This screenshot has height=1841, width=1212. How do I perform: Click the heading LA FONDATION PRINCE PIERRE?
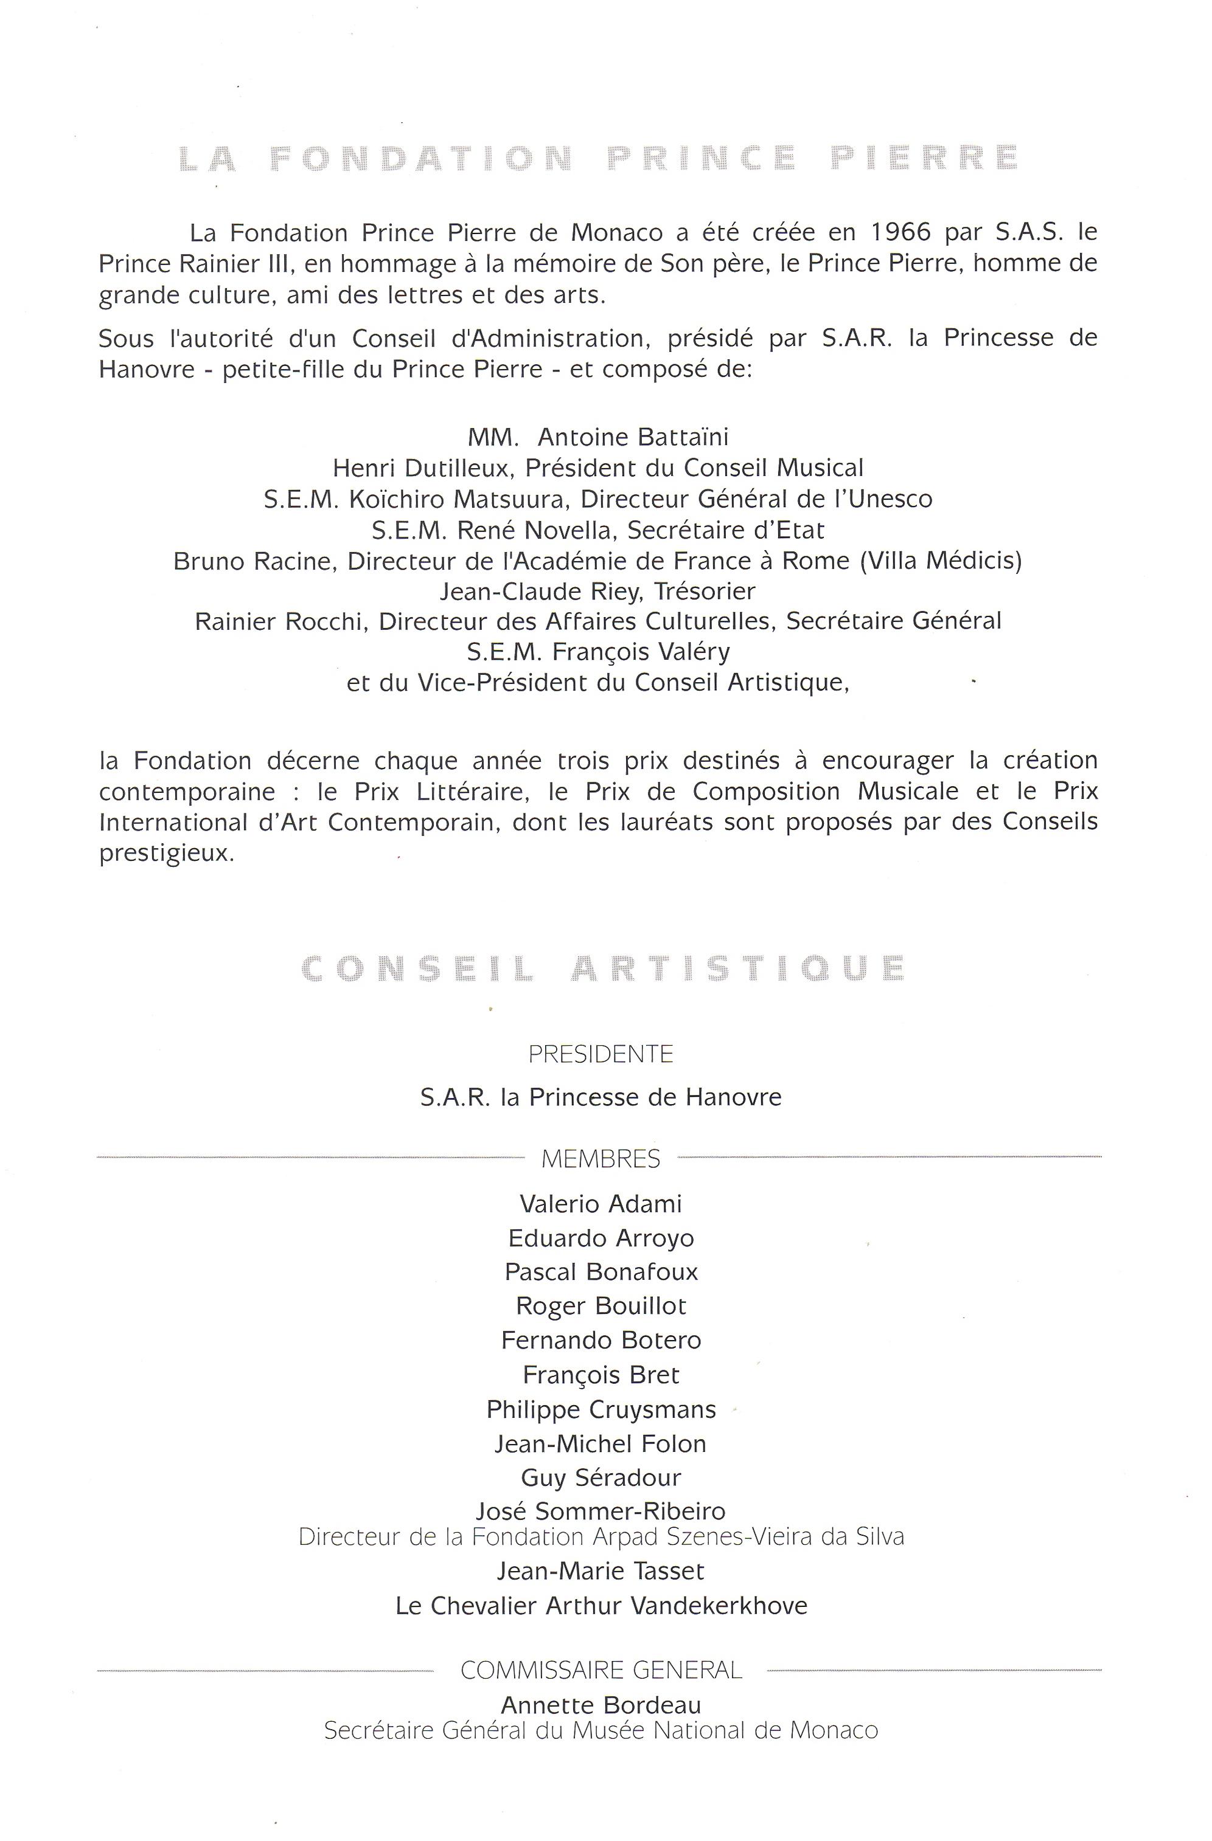(x=597, y=158)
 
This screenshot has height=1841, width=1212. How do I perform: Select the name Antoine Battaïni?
(x=632, y=438)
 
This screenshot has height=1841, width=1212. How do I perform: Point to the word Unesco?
(x=891, y=499)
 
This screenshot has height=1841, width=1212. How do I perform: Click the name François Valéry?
(x=640, y=652)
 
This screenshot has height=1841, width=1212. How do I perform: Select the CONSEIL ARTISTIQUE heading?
(x=602, y=969)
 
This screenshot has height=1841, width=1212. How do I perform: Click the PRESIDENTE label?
(x=601, y=1054)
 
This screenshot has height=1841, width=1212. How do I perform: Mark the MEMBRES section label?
(x=601, y=1159)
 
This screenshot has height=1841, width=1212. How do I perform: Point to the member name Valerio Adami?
(x=601, y=1204)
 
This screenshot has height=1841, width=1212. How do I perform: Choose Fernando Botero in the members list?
(x=601, y=1341)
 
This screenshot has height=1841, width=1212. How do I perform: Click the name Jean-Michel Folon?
(x=601, y=1443)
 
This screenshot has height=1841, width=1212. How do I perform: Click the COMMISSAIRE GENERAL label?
(x=601, y=1670)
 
